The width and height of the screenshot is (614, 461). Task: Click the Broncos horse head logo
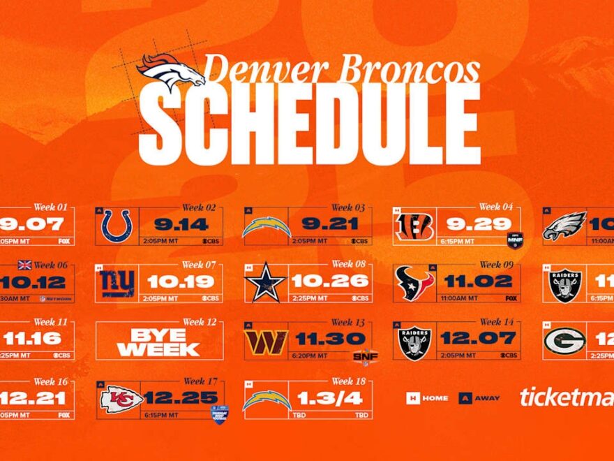[170, 71]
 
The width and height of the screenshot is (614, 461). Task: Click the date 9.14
[182, 224]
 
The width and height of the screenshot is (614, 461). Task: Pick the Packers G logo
[564, 342]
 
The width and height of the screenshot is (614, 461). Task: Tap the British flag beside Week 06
[25, 265]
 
